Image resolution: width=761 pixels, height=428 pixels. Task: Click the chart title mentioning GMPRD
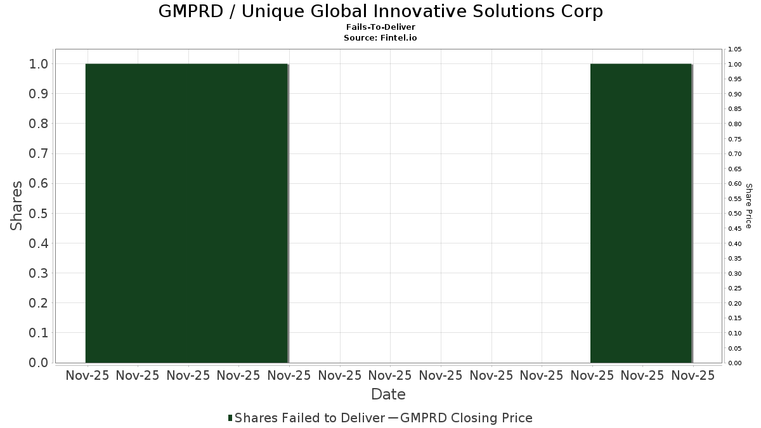380,11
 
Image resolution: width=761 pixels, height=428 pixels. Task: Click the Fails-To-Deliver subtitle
380,28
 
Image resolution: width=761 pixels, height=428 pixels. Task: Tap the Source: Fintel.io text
380,38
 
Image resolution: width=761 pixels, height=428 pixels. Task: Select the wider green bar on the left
186,213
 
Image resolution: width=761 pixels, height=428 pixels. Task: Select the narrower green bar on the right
641,213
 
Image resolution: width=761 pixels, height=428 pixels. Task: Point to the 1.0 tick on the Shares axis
39,64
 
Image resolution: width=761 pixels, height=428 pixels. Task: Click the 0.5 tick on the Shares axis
39,214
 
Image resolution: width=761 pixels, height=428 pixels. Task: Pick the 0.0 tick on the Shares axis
39,363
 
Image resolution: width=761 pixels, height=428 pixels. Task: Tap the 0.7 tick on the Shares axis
39,154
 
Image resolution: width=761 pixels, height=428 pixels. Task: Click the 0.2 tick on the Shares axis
39,303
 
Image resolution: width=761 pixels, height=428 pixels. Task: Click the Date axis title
388,394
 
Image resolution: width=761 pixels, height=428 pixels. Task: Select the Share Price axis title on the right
748,206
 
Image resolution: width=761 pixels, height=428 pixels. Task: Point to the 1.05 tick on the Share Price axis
734,49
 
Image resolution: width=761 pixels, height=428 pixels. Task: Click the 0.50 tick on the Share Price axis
734,214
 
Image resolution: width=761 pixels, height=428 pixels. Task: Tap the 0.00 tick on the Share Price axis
734,363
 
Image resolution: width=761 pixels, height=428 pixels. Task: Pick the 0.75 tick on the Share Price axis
734,139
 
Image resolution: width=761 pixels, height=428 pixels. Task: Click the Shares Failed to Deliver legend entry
309,418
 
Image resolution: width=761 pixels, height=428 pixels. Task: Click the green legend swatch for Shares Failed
230,418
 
